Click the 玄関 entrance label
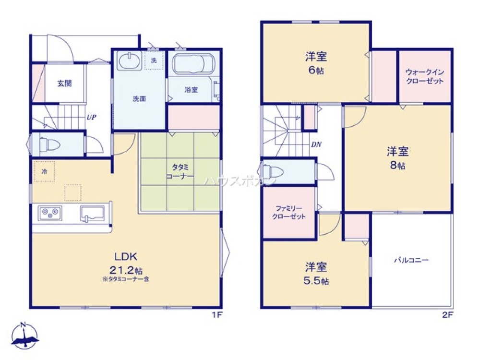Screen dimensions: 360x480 pos(65,83)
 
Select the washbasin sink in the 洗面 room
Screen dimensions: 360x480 pos(129,61)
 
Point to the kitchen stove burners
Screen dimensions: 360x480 pos(49,212)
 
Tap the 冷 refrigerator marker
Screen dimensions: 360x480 pos(44,171)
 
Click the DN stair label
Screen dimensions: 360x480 pos(316,144)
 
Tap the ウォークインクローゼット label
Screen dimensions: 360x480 pos(425,77)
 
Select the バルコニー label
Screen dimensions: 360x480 pos(411,260)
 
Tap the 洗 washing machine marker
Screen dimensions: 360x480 pos(154,60)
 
